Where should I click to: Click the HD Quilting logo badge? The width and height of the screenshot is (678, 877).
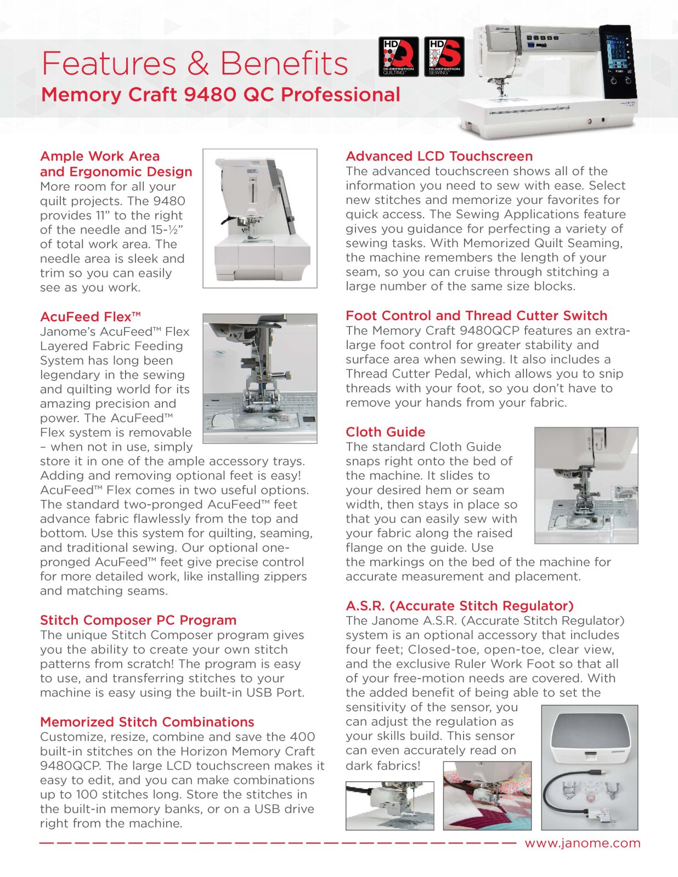tap(399, 56)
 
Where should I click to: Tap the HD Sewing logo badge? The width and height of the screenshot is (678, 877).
tap(444, 56)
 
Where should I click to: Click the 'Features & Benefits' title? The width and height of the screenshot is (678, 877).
tap(195, 63)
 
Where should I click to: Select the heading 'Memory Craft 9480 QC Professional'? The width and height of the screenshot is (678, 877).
tap(221, 95)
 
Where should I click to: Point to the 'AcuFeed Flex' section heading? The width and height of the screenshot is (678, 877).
tap(91, 317)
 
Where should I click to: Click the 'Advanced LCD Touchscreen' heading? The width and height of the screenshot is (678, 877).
tap(439, 156)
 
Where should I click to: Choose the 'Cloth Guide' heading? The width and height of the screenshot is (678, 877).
tap(385, 432)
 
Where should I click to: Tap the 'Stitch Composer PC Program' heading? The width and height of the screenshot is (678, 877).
tap(138, 620)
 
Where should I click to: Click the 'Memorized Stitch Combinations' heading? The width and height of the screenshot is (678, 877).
tap(147, 722)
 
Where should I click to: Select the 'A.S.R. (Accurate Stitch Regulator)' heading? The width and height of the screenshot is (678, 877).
tap(460, 606)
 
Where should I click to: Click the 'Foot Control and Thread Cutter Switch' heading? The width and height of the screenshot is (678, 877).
tap(476, 316)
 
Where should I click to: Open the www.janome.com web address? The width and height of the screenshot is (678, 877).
tap(583, 844)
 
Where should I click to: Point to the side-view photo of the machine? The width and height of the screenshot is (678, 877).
tap(260, 218)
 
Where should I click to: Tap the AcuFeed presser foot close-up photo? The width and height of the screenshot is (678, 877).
tap(260, 378)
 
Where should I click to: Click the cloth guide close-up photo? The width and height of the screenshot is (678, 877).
tap(586, 485)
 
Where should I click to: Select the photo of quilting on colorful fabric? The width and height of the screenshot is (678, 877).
tap(487, 795)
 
